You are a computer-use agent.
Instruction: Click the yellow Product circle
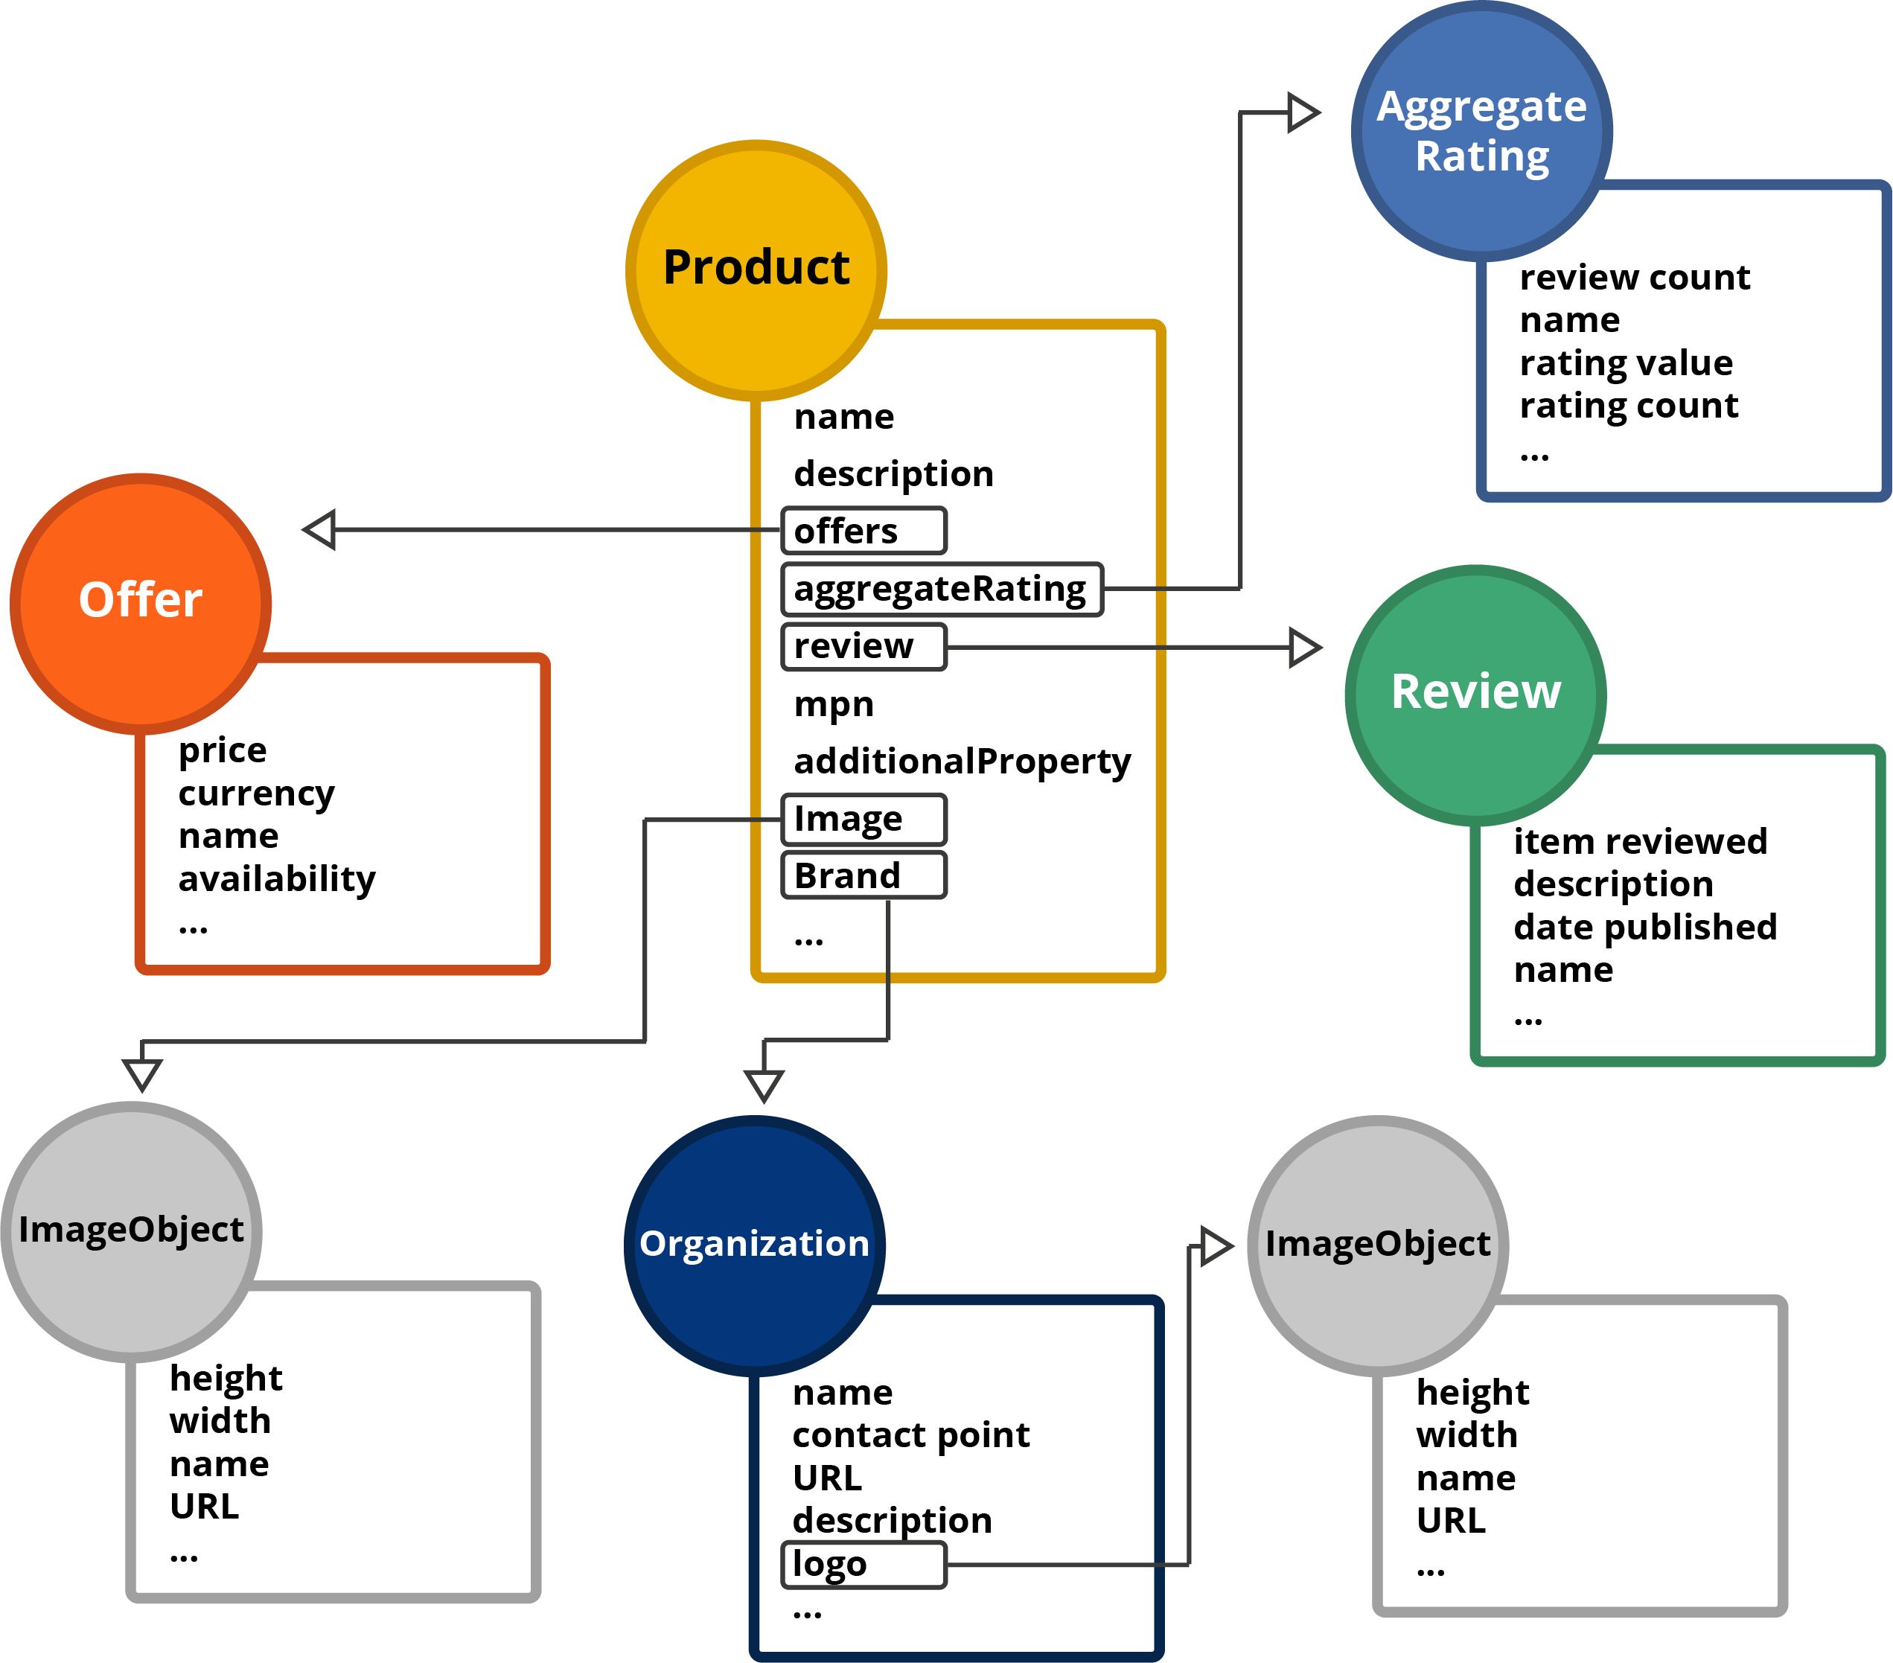pyautogui.click(x=756, y=269)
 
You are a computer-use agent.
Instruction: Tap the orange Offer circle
pyautogui.click(x=141, y=603)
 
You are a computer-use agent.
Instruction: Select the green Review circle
pyautogui.click(x=1475, y=695)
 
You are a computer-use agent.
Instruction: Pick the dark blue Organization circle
pyautogui.click(x=755, y=1245)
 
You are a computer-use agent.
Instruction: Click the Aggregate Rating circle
pyautogui.click(x=1482, y=130)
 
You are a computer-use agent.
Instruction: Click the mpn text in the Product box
pyautogui.click(x=834, y=705)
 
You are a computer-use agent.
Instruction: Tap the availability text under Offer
pyautogui.click(x=277, y=878)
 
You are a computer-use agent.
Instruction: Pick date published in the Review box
pyautogui.click(x=1645, y=927)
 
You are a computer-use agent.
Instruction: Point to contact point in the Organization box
pyautogui.click(x=911, y=1435)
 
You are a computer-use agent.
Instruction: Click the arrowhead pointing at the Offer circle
pyautogui.click(x=320, y=529)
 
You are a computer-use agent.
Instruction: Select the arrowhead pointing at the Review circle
pyautogui.click(x=1304, y=647)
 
